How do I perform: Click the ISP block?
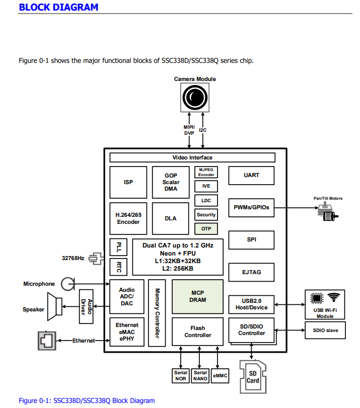(x=128, y=182)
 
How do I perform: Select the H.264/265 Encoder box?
(x=128, y=218)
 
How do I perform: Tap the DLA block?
(x=171, y=218)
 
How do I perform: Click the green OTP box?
(x=206, y=228)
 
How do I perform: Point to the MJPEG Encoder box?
(x=206, y=172)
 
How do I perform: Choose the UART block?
(x=251, y=175)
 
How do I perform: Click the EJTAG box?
(x=251, y=272)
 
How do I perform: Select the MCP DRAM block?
(x=197, y=296)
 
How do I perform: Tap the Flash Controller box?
(x=197, y=332)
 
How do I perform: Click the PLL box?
(x=119, y=247)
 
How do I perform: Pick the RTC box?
(x=119, y=266)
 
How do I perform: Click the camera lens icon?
(x=195, y=97)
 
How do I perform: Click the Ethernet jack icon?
(x=46, y=341)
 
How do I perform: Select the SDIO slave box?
(x=325, y=331)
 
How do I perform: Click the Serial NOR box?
(x=180, y=376)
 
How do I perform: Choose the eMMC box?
(x=220, y=376)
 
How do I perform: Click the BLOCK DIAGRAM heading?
(x=58, y=7)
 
